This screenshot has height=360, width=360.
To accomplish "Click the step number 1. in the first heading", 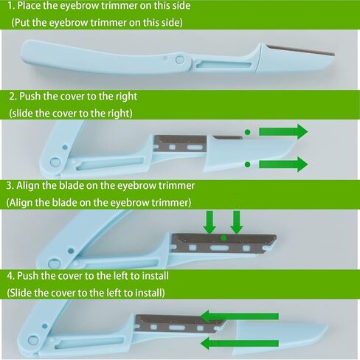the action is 11,6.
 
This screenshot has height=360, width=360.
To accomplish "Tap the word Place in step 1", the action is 29,6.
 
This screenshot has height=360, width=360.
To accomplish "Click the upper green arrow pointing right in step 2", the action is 283,131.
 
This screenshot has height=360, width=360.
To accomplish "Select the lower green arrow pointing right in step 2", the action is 283,164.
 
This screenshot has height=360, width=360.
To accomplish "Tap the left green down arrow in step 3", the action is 210,222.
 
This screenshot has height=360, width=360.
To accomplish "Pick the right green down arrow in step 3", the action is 237,222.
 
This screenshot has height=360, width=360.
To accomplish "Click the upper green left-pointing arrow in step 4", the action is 239,316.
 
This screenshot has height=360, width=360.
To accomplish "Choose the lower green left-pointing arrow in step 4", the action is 239,343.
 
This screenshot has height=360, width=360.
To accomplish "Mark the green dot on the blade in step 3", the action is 224,238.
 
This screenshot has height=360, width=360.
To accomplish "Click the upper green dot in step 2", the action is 248,132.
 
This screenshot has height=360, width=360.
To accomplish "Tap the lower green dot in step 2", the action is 248,165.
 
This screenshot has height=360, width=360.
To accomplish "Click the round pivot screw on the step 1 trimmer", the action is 180,60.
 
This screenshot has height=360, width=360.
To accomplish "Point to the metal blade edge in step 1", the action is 301,50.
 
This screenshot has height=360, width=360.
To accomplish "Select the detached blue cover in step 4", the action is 278,337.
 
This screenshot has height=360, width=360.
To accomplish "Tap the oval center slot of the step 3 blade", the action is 219,247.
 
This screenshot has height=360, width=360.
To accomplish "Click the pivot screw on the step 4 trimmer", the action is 33,340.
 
